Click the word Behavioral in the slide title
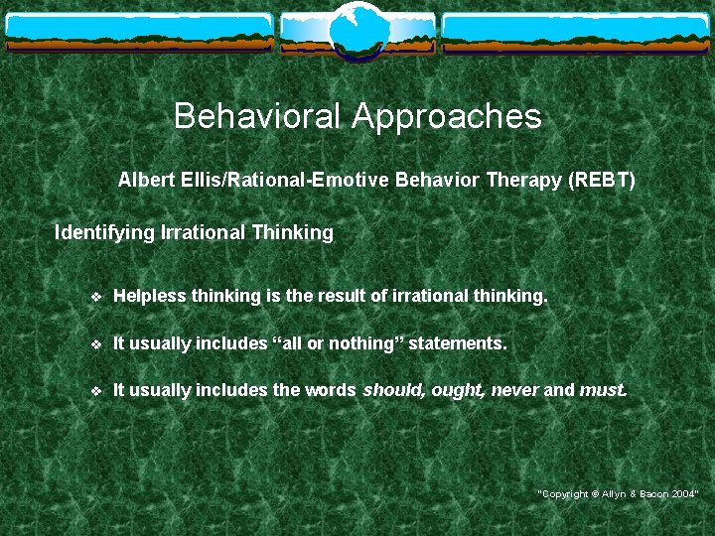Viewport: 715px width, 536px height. point(257,117)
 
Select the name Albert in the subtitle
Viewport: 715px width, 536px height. point(144,181)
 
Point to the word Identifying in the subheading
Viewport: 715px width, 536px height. point(102,233)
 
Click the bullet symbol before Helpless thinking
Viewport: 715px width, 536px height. point(95,297)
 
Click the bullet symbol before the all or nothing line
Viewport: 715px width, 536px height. point(95,343)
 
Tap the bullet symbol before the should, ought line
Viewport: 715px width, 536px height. point(95,390)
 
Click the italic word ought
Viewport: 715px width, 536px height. point(456,390)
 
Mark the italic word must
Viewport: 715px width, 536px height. point(602,390)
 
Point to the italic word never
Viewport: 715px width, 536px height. point(514,390)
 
